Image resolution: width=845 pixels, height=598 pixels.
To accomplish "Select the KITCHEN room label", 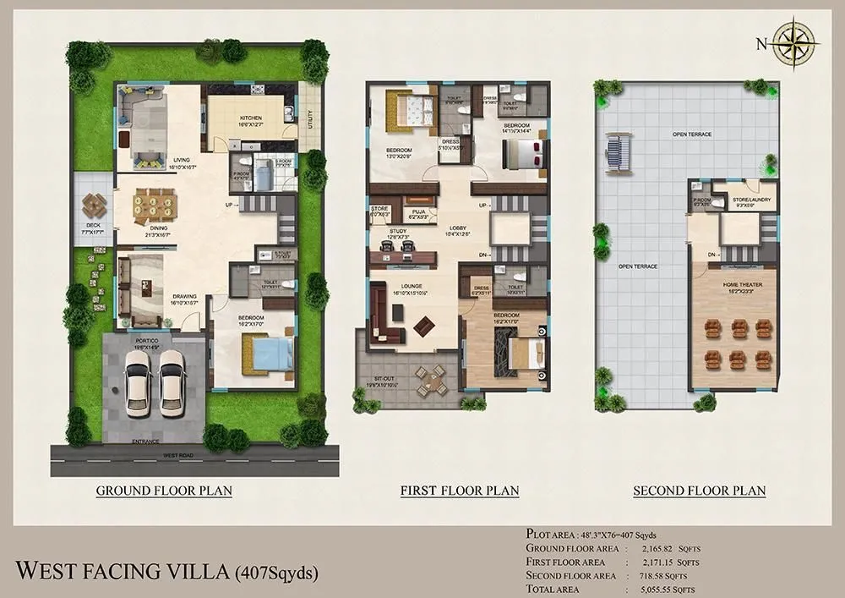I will tap(251, 118).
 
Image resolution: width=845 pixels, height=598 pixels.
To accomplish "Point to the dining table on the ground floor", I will tap(155, 203).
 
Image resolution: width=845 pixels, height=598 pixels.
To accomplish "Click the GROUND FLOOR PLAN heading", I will tap(164, 491).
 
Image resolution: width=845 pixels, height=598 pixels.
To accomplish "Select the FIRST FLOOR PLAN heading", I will tap(460, 491).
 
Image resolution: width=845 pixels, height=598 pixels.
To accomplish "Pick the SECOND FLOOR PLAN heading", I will tap(700, 491).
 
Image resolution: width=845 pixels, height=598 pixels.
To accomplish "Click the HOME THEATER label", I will tap(743, 285).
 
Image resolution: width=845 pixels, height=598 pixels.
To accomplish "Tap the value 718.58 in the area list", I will tap(660, 575).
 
